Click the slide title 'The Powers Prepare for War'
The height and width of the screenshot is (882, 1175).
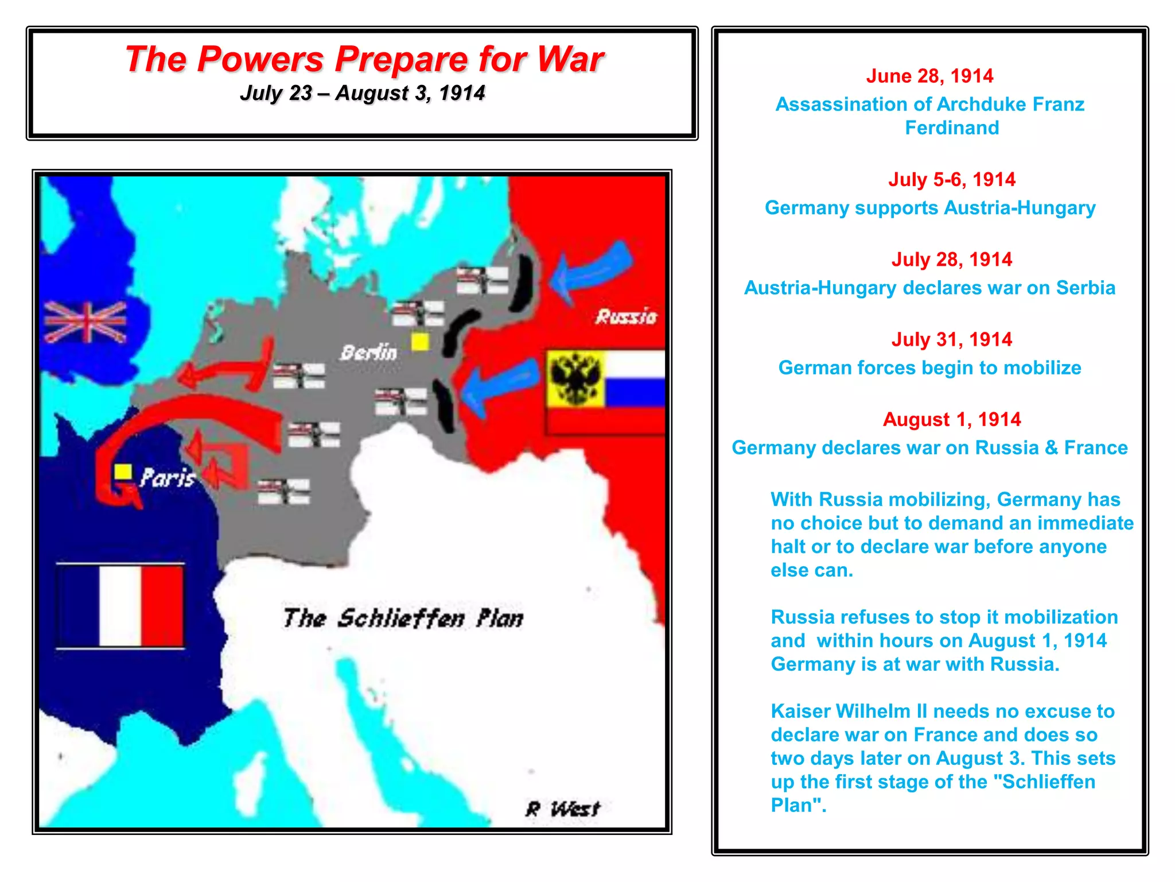point(364,59)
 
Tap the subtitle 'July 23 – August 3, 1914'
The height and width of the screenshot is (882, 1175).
point(363,93)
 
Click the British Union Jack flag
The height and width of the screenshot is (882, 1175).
point(85,322)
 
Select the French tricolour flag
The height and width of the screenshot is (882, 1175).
point(120,606)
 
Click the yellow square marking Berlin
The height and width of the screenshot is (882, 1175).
point(420,342)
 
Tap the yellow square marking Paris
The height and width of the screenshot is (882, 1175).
point(123,472)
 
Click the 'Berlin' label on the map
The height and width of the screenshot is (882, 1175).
point(368,352)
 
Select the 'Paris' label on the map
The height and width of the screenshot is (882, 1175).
point(168,478)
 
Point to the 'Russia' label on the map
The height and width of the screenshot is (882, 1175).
point(626,316)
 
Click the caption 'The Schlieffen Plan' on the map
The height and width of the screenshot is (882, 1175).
point(403,618)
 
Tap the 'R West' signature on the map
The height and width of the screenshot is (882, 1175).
point(563,808)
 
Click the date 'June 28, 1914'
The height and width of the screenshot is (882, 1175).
point(929,76)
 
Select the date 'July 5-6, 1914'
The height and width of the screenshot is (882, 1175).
point(952,180)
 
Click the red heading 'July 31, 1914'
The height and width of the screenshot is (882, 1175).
point(952,339)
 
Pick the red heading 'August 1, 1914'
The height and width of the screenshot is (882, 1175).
point(952,419)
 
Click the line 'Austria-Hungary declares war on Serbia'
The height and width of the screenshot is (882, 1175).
point(929,288)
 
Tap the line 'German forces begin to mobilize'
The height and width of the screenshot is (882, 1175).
point(929,367)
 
